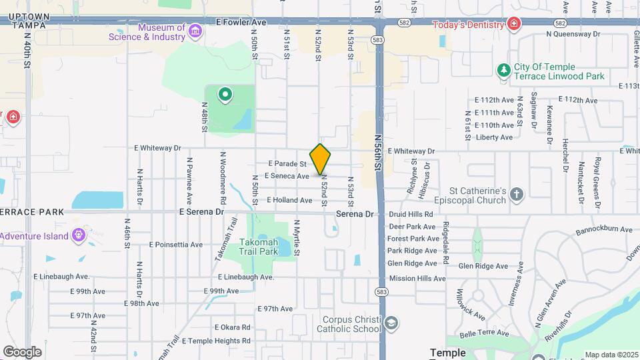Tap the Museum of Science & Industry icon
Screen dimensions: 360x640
(195, 31)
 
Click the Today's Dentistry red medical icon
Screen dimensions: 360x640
(514, 25)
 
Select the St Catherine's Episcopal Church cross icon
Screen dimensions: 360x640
(516, 195)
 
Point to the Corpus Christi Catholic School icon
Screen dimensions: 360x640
(391, 324)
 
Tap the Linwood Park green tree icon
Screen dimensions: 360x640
(504, 71)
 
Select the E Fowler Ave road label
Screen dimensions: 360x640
(241, 22)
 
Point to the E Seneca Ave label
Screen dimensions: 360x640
(287, 176)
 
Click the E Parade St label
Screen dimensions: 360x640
(287, 163)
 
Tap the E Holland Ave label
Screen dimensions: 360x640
(289, 200)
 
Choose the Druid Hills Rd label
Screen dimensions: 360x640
(411, 215)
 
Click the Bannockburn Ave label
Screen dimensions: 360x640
(604, 230)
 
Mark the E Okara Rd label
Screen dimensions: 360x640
(232, 327)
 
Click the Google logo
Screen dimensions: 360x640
(22, 351)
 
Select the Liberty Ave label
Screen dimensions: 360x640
(494, 137)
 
